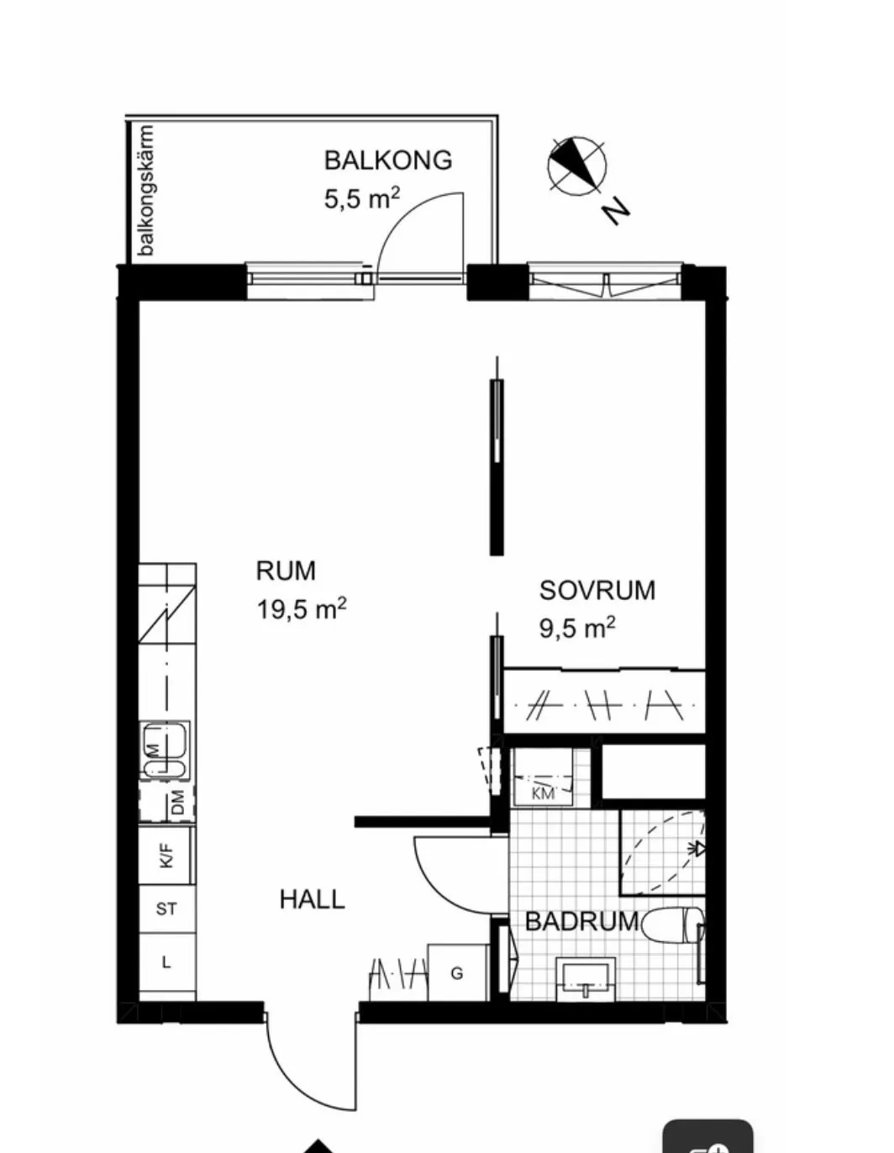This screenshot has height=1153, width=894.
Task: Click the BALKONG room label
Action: coord(387,160)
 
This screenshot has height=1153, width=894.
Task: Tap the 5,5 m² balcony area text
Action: coord(361,198)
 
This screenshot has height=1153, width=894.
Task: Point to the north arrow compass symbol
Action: coord(577,166)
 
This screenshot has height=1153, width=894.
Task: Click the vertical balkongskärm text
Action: coord(147,190)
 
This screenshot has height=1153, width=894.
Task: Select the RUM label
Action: coord(286,571)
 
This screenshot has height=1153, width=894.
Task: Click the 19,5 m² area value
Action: coord(302,608)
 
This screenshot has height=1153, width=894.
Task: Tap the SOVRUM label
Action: coord(597,590)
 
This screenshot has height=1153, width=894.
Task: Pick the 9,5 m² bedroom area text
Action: coord(577,627)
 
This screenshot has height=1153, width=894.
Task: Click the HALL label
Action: coord(312,899)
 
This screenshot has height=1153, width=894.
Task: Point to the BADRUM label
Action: coord(581,921)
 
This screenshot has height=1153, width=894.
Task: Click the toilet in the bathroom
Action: coord(677,925)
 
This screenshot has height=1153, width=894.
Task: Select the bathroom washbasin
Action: coord(586,979)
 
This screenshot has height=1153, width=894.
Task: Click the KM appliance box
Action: coord(543,777)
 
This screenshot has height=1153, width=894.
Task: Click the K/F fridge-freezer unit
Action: coord(166,856)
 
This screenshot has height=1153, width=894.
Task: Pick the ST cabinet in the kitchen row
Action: coord(166,908)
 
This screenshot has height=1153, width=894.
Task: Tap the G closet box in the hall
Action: coord(457,973)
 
